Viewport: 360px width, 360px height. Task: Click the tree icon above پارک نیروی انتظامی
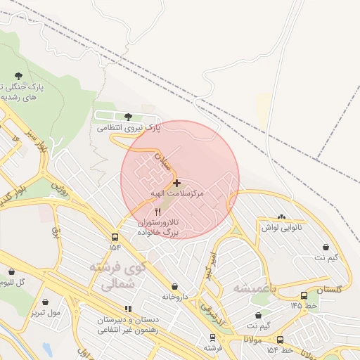(x=127, y=117)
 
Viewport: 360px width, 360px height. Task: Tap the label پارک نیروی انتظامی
(x=129, y=128)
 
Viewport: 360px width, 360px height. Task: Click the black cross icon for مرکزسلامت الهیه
(x=176, y=182)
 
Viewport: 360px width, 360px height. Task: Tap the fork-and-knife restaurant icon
(x=157, y=211)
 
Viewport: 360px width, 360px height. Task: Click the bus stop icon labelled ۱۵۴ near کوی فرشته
(x=115, y=237)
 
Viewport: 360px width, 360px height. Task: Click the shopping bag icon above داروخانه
(x=175, y=286)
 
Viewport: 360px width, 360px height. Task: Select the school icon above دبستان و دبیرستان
(x=127, y=309)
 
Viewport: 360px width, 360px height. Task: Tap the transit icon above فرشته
(x=212, y=337)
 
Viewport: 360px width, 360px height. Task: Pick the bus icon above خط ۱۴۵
(x=303, y=296)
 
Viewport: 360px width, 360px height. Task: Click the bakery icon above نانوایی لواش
(x=281, y=217)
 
